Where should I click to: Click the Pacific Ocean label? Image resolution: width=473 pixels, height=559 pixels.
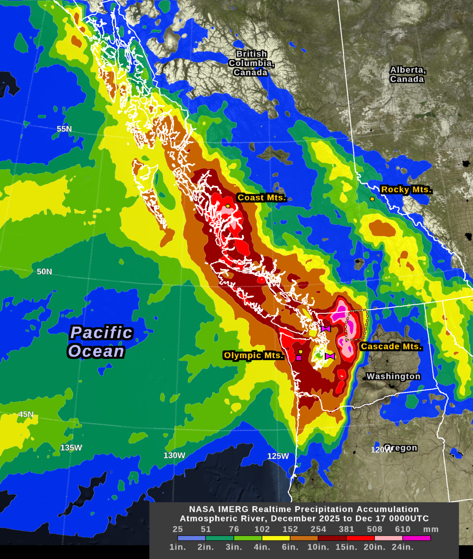[101, 342]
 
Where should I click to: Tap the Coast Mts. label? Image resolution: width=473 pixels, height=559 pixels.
[261, 198]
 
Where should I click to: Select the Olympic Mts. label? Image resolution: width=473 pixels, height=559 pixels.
[254, 355]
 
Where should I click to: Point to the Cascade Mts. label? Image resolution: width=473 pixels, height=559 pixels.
[391, 346]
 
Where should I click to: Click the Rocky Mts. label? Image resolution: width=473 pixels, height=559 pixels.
[406, 189]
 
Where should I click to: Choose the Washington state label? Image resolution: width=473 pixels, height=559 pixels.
[393, 376]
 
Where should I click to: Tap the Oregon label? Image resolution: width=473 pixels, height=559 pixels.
[401, 448]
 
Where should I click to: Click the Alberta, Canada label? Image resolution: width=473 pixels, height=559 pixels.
[407, 74]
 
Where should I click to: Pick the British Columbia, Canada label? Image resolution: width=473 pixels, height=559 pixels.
[251, 63]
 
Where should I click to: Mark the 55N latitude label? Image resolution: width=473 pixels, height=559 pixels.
[64, 129]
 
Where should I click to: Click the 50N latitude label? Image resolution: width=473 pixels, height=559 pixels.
[44, 272]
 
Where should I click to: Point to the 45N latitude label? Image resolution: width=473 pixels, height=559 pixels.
[26, 414]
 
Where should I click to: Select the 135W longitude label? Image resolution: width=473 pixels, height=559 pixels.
[71, 448]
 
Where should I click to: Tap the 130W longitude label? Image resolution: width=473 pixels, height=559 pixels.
[174, 456]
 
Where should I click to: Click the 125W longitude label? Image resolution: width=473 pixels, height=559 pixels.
[278, 456]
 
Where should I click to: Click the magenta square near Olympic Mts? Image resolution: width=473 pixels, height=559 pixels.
[299, 358]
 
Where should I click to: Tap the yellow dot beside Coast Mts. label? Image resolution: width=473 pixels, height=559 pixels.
[228, 206]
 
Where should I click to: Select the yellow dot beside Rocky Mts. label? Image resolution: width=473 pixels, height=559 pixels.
[372, 199]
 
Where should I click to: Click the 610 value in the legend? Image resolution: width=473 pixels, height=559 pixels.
[403, 529]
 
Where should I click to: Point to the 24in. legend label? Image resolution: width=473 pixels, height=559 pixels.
[403, 547]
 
